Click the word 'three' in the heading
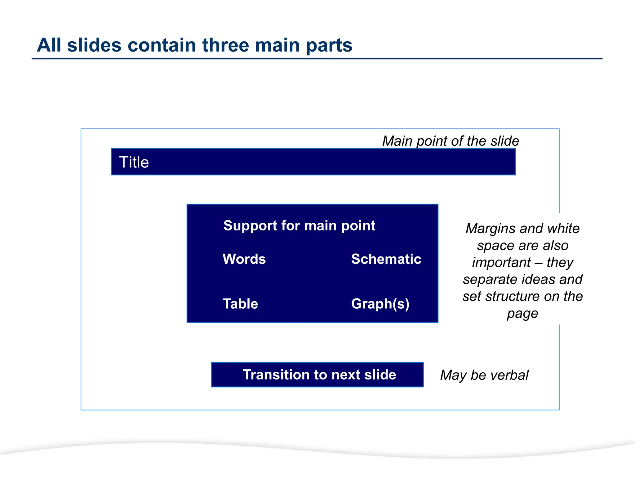[x=226, y=45]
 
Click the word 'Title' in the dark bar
[x=134, y=162]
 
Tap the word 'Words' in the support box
[x=244, y=259]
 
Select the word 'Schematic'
[x=386, y=259]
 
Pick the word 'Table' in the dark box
[x=240, y=304]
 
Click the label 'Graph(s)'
[x=380, y=304]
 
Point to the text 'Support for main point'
[x=299, y=225]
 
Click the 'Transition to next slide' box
[x=317, y=375]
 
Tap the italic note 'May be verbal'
[x=484, y=375]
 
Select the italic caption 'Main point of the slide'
[x=451, y=141]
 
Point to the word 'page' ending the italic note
[x=522, y=314]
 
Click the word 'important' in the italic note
[x=501, y=263]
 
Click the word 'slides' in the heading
[x=94, y=45]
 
